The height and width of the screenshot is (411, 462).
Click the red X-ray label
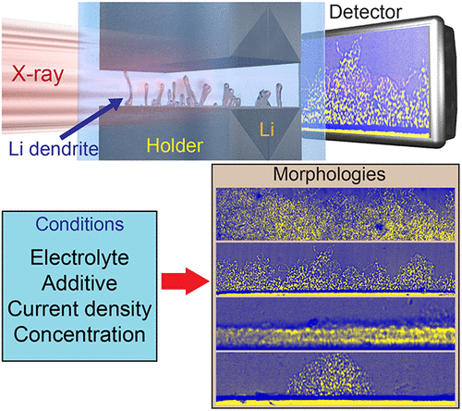pyautogui.click(x=38, y=75)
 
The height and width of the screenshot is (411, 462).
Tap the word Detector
pyautogui.click(x=366, y=12)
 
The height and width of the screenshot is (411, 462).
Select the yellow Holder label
pyautogui.click(x=175, y=145)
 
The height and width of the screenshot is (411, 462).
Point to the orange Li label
pyautogui.click(x=267, y=130)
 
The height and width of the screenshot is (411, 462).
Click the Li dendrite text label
pyautogui.click(x=54, y=149)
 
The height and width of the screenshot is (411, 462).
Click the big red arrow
pyautogui.click(x=186, y=281)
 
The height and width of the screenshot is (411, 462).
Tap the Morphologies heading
pyautogui.click(x=329, y=175)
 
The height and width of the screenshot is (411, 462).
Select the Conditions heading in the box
pyautogui.click(x=79, y=224)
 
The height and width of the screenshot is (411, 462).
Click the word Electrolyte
pyautogui.click(x=79, y=258)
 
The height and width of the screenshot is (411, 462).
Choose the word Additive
pyautogui.click(x=79, y=283)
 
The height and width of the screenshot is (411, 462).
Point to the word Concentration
pyautogui.click(x=79, y=334)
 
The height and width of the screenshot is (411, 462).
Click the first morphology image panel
pyautogui.click(x=335, y=214)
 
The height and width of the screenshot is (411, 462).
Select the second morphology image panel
pyautogui.click(x=335, y=268)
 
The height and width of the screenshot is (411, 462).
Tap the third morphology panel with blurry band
pyautogui.click(x=335, y=323)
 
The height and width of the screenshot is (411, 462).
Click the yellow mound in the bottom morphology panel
pyautogui.click(x=331, y=375)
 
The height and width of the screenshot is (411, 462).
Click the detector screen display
pyautogui.click(x=366, y=82)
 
